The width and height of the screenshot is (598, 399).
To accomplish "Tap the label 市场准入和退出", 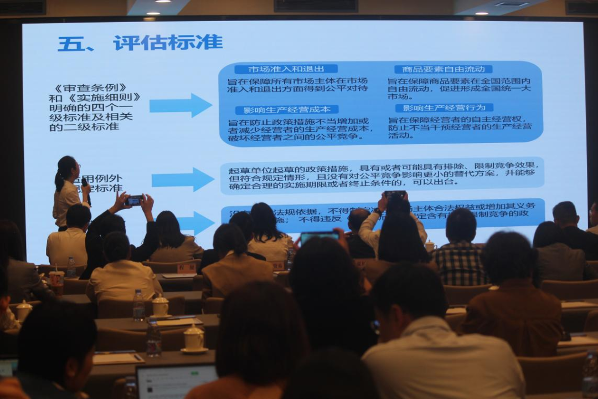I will pyautogui.click(x=286, y=69).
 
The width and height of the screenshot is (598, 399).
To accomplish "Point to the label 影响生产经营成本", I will pyautogui.click(x=287, y=110).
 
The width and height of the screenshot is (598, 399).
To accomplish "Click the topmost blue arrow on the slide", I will pyautogui.click(x=181, y=105).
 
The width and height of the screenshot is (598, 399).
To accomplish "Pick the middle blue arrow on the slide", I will pyautogui.click(x=183, y=180).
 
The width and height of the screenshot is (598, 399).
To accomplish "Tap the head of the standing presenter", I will pyautogui.click(x=66, y=167).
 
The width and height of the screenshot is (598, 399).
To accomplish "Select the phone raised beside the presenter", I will pyautogui.click(x=135, y=200).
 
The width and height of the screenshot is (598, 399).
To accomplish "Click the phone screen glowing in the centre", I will pyautogui.click(x=319, y=237).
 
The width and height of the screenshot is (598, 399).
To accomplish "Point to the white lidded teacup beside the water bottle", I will pyautogui.click(x=160, y=305).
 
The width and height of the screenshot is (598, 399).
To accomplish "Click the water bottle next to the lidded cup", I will pyautogui.click(x=138, y=305).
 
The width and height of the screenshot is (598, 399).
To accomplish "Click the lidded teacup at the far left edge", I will pyautogui.click(x=23, y=311).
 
